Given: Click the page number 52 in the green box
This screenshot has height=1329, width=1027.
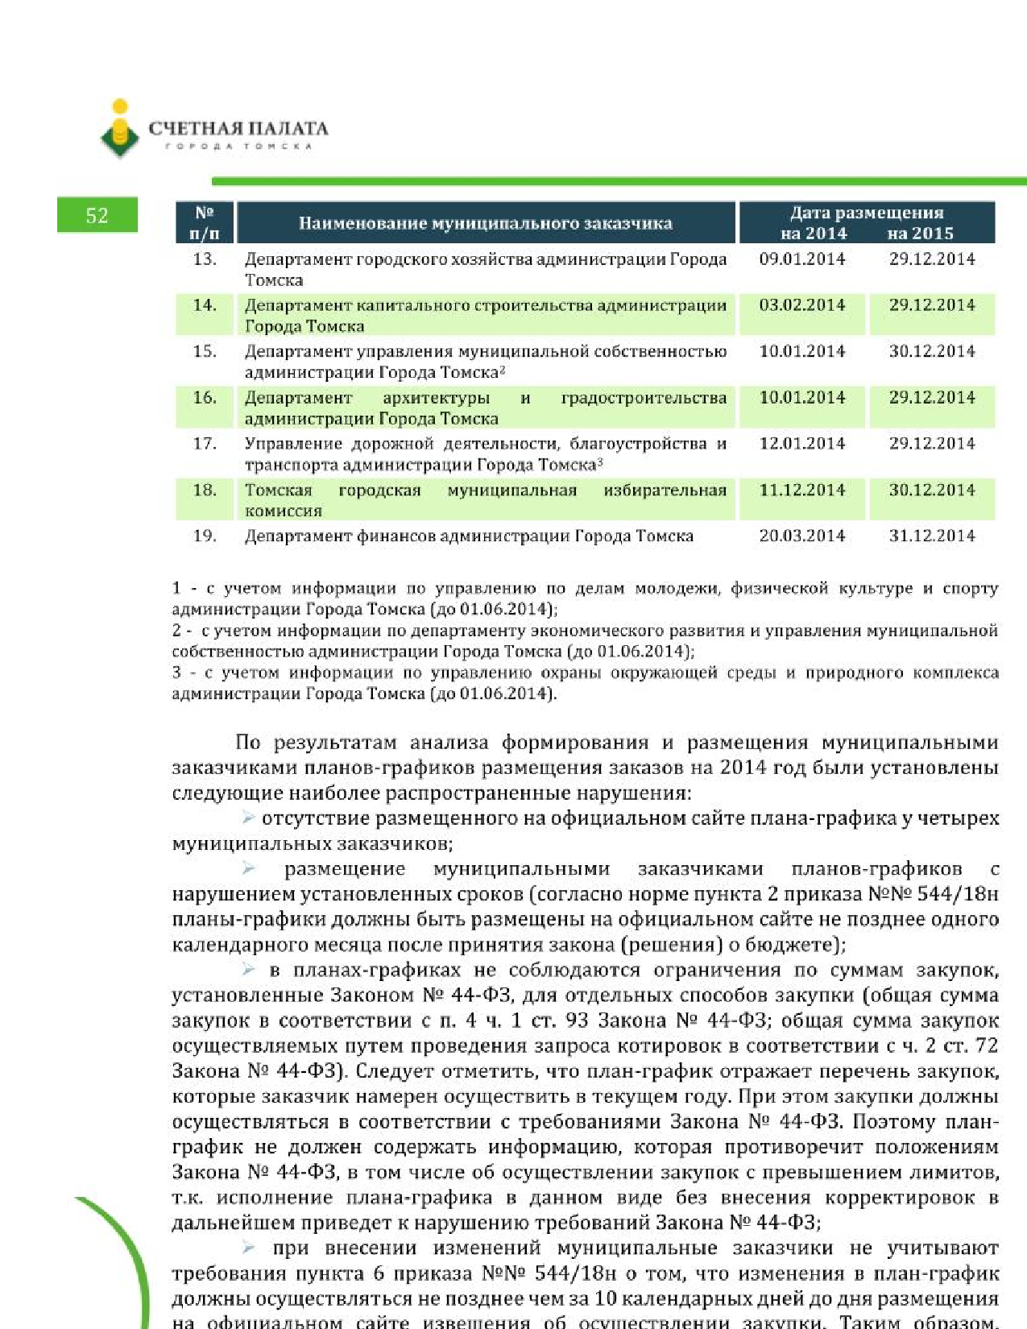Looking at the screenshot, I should click(97, 215).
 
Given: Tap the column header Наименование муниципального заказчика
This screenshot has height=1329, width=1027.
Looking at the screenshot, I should click(485, 223).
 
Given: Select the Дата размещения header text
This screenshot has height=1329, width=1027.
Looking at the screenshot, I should click(866, 213).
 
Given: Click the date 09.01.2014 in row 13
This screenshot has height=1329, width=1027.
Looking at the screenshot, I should click(801, 259).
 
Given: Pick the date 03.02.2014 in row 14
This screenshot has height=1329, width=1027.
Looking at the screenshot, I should click(801, 305).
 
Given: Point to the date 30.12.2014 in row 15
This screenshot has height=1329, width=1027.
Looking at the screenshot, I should click(931, 351).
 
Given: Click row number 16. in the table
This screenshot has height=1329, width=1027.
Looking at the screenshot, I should click(205, 397).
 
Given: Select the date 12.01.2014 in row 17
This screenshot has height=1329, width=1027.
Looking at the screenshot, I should click(801, 443).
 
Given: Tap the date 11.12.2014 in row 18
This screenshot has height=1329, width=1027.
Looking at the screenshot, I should click(801, 490).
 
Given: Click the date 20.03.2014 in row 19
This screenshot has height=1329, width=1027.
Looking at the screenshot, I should click(801, 536).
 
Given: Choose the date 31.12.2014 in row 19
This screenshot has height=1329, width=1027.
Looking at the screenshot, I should click(931, 536).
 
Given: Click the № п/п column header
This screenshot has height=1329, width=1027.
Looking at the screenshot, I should click(205, 223).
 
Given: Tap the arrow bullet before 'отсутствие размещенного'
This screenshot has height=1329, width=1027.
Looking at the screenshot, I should click(249, 818).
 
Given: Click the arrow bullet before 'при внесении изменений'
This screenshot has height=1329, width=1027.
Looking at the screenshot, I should click(249, 1248).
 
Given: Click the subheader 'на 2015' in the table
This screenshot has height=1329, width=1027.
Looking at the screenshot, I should click(920, 234).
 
